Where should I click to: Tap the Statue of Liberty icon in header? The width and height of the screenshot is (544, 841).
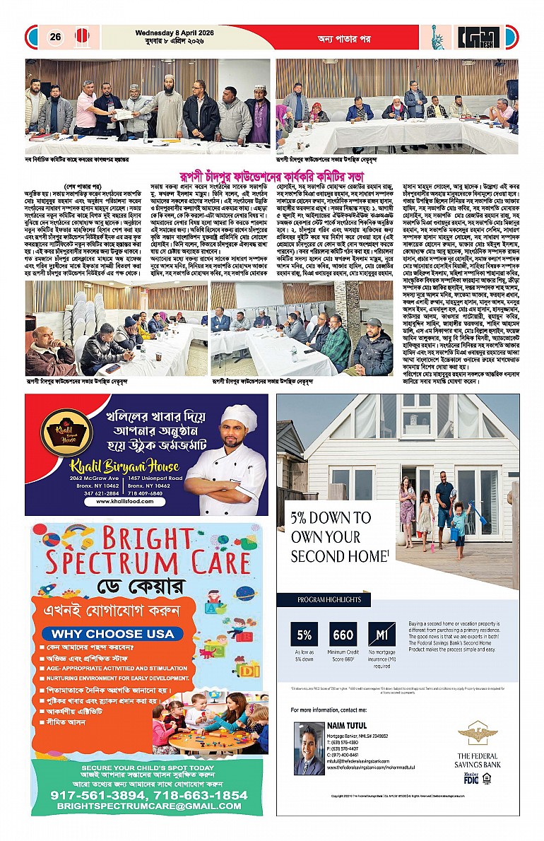pyautogui.click(x=437, y=37)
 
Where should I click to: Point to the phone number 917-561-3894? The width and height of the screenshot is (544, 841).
pyautogui.click(x=95, y=794)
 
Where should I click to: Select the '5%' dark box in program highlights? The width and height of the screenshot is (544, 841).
pyautogui.click(x=305, y=634)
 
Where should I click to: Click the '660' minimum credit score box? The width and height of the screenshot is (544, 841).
pyautogui.click(x=343, y=634)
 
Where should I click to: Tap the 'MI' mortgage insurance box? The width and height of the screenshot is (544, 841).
pyautogui.click(x=382, y=634)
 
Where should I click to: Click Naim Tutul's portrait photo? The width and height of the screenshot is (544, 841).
pyautogui.click(x=309, y=748)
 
